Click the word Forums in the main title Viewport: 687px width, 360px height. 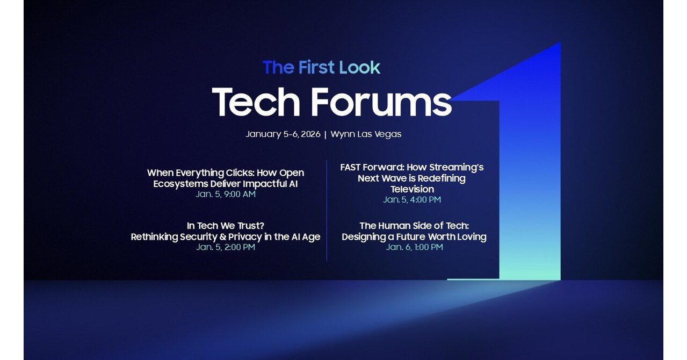[x=381, y=102]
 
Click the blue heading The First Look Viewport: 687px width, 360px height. [x=321, y=68]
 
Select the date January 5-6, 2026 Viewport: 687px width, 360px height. [x=283, y=134]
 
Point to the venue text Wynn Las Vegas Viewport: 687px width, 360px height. [x=366, y=134]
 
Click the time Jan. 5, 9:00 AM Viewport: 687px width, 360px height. [x=226, y=194]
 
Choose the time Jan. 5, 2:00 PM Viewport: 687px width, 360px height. [x=226, y=247]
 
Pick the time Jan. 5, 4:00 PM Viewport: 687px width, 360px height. [x=412, y=199]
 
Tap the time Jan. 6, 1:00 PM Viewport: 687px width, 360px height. [x=414, y=247]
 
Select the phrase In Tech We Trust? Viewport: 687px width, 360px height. [x=226, y=226]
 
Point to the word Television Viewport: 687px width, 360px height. [x=412, y=189]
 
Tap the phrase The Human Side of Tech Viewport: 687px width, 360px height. [x=414, y=226]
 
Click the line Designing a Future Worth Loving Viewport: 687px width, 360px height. [x=414, y=237]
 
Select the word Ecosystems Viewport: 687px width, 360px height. [x=180, y=184]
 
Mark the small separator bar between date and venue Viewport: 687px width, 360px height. [x=325, y=134]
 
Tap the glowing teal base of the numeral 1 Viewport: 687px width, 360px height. [x=529, y=271]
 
